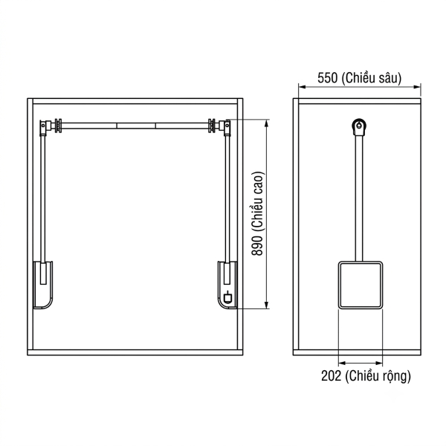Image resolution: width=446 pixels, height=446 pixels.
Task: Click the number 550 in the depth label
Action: (327, 78)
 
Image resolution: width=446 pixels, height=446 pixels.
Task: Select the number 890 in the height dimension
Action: (257, 246)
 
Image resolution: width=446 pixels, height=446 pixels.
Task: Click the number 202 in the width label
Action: (331, 375)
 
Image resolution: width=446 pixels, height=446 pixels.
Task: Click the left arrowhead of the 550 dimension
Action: (302, 87)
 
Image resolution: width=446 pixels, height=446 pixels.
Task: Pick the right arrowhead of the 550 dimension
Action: (417, 87)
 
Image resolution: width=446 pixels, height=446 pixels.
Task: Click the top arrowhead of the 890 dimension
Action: (267, 123)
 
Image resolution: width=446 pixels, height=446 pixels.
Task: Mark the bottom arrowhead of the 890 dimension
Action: (267, 305)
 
